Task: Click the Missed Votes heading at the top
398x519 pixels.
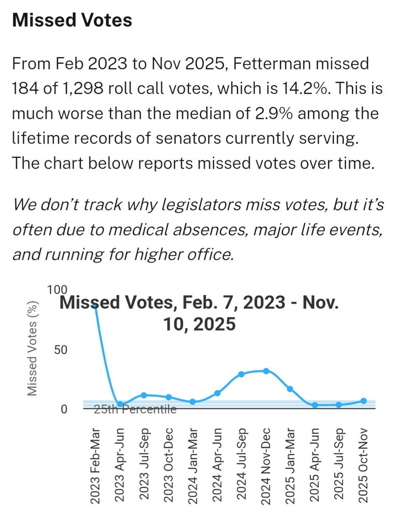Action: tap(72, 20)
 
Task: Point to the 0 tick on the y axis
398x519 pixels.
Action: tap(64, 409)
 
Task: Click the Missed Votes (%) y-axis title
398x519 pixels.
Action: tap(32, 349)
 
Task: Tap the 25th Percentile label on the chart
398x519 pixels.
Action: tap(135, 409)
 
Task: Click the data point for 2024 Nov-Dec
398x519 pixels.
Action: tap(266, 371)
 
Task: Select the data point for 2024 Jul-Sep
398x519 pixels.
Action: tap(241, 374)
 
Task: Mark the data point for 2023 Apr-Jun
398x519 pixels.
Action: tap(120, 404)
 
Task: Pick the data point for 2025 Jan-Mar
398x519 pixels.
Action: tap(290, 389)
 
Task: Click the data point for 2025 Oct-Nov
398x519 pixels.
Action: tap(363, 401)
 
